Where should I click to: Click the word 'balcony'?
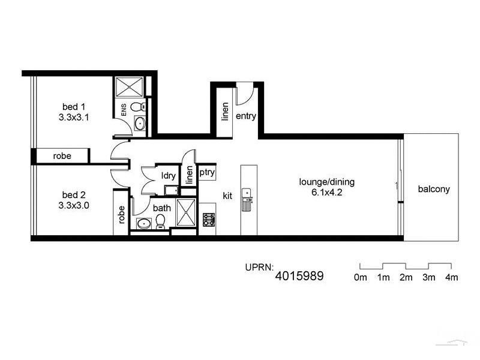click(x=434, y=189)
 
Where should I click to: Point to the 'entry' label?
click(x=246, y=116)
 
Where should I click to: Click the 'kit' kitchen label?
click(x=227, y=196)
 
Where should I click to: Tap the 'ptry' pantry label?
click(x=207, y=173)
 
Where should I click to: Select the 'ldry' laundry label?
click(x=168, y=176)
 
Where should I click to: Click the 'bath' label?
click(x=161, y=208)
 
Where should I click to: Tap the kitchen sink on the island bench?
click(x=247, y=194)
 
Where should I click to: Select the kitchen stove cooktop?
click(x=209, y=220)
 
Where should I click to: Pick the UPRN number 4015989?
click(x=299, y=276)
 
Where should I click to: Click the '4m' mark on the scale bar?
click(x=451, y=277)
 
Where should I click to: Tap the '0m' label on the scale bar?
click(x=361, y=277)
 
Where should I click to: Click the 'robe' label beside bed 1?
click(x=62, y=156)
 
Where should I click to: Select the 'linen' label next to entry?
click(x=225, y=112)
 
